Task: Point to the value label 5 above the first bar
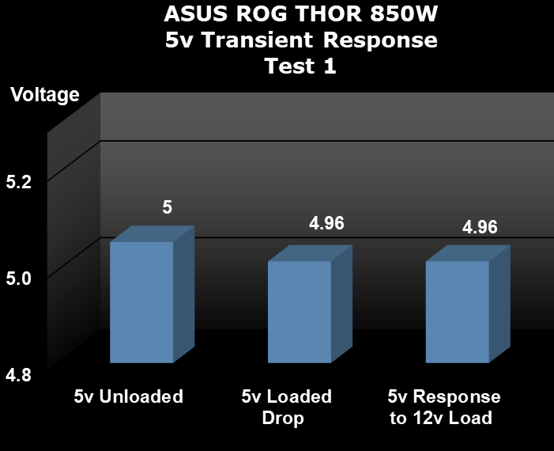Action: pyautogui.click(x=167, y=207)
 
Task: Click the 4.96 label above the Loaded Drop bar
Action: pyautogui.click(x=326, y=223)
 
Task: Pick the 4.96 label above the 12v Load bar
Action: pyautogui.click(x=480, y=227)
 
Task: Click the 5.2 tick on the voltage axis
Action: pyautogui.click(x=19, y=182)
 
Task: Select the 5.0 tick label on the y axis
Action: pyautogui.click(x=19, y=279)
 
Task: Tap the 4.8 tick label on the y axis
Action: pyautogui.click(x=19, y=375)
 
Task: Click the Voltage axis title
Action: pyautogui.click(x=45, y=95)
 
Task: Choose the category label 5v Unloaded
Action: pyautogui.click(x=129, y=396)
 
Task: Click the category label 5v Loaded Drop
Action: pyautogui.click(x=287, y=407)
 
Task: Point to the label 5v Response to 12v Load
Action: pyautogui.click(x=444, y=407)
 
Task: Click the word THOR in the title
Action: pyautogui.click(x=328, y=13)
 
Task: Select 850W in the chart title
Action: pyautogui.click(x=404, y=13)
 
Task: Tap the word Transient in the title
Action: pyautogui.click(x=258, y=40)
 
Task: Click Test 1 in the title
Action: pyautogui.click(x=300, y=66)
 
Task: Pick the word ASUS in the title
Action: pyautogui.click(x=196, y=13)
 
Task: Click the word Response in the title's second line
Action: pyautogui.click(x=380, y=40)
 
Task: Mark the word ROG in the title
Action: pyautogui.click(x=262, y=13)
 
